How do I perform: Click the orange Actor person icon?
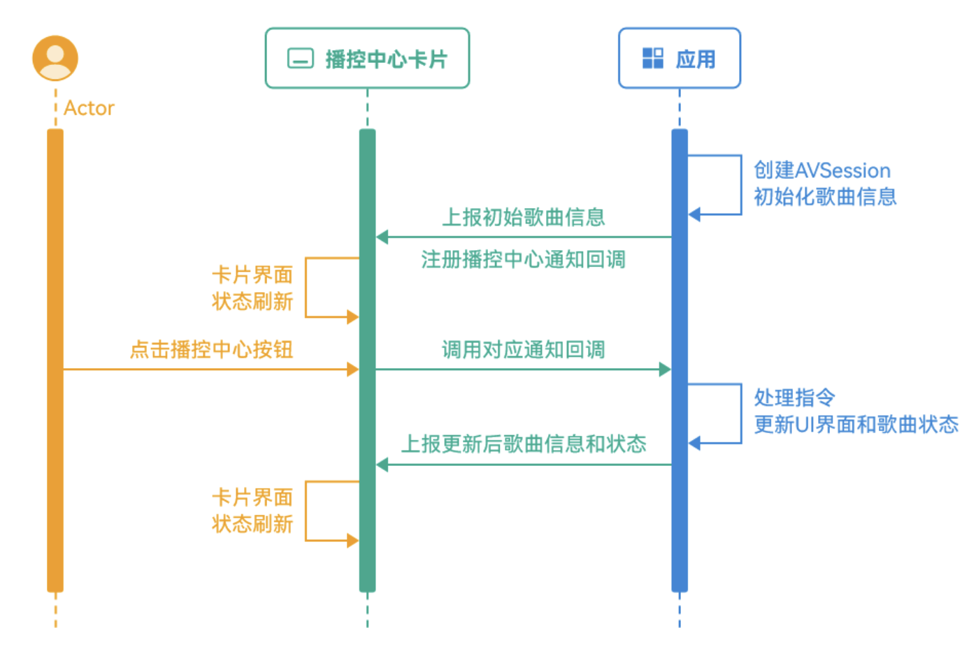(55, 58)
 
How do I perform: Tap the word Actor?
(89, 108)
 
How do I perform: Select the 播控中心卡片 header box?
(367, 59)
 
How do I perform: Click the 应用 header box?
(679, 59)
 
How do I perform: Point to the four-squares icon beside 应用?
(652, 59)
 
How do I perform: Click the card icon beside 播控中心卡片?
(301, 59)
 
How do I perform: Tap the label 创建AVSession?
(821, 170)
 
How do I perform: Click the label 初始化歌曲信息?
(825, 197)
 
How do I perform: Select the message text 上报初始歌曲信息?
(523, 217)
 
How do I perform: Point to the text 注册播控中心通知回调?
(523, 260)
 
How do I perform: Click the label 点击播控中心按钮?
(211, 349)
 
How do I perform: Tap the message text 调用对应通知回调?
(523, 349)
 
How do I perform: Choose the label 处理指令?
(794, 397)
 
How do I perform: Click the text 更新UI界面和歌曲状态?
(856, 424)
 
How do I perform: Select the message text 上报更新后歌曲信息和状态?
(523, 444)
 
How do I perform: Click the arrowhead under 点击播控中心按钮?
(353, 370)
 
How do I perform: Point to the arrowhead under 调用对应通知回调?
(665, 370)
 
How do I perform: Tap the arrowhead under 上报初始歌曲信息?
(382, 237)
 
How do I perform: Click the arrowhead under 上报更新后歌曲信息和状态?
(382, 465)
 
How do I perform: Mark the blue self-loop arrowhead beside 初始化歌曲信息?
(694, 214)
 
